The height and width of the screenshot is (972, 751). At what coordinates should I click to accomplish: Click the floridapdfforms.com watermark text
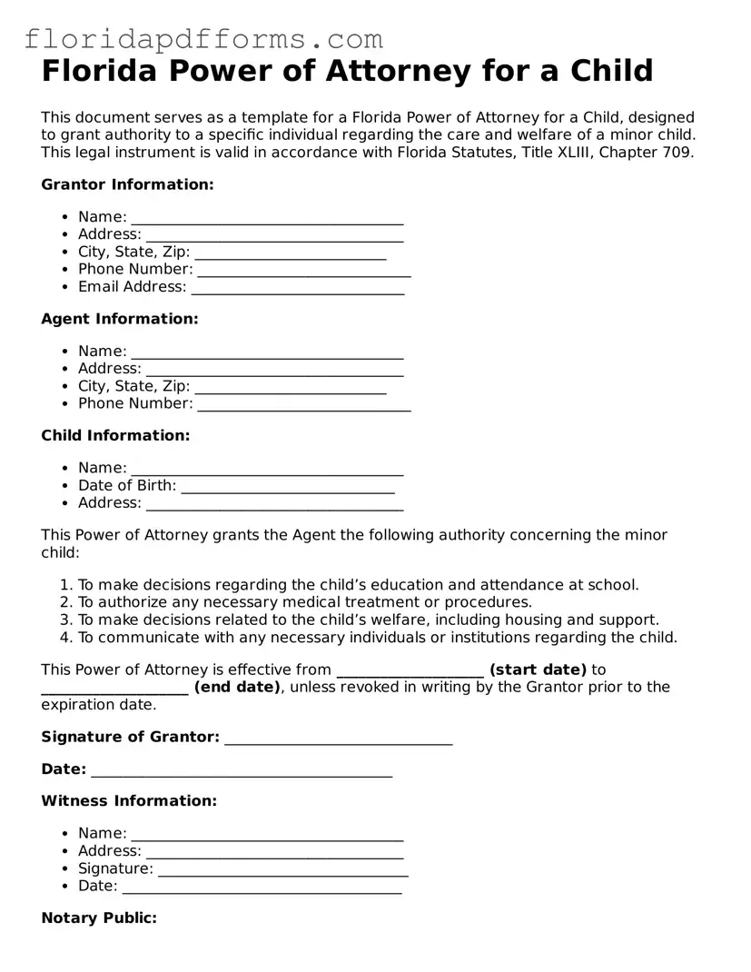coord(203,39)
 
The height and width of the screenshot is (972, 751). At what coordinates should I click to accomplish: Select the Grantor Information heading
coord(127,184)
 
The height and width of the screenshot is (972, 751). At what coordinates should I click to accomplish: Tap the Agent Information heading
coord(119,319)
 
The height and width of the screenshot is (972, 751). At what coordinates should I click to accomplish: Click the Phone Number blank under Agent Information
coord(303,405)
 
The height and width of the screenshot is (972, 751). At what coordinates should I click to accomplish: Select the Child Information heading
coord(115,435)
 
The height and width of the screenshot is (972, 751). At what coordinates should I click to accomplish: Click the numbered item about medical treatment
coord(304,602)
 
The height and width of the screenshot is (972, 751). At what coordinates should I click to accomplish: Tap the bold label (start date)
coord(538,669)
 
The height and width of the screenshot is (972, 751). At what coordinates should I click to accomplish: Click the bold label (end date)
coord(237,687)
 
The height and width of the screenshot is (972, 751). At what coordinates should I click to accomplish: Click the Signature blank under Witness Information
coord(282,870)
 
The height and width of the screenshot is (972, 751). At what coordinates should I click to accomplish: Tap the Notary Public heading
coord(99,917)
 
